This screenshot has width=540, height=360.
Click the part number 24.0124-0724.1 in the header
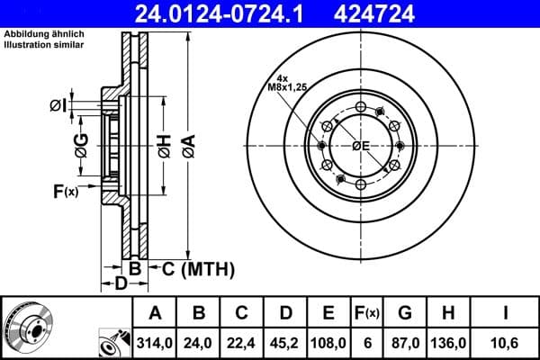[217, 13]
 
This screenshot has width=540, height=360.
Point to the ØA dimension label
[187, 141]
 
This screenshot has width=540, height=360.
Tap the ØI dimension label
[58, 106]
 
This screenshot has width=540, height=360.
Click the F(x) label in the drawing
[66, 191]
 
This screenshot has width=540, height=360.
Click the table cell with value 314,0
[154, 343]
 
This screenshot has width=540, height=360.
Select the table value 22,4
[241, 343]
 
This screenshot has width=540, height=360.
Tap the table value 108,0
[328, 343]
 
